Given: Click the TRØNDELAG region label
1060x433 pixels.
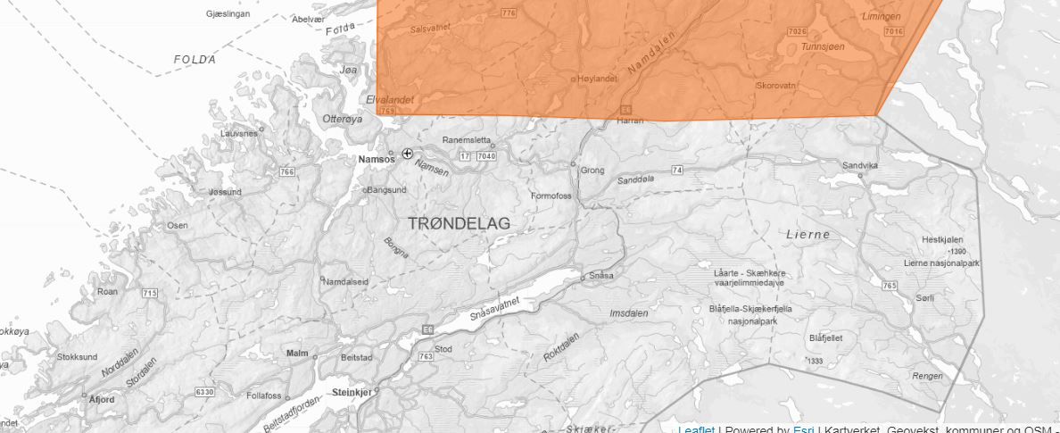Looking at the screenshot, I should coord(460,223).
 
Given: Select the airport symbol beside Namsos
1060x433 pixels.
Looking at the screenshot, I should coord(408,154).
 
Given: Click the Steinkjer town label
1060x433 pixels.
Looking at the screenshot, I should coord(350,392).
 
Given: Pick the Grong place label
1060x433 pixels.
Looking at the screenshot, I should coord(592,170).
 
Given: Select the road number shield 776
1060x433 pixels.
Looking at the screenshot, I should coord(509,12).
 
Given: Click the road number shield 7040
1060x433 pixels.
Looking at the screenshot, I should coord(486,156).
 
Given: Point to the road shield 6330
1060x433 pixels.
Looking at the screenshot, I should coord(205,392).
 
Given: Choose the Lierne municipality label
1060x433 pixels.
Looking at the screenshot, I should coord(807,235).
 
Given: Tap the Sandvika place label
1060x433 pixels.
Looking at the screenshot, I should coord(860,166).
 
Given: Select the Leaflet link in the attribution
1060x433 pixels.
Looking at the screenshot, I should coord(696,429).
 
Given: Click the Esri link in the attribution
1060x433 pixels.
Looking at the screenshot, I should coord(802,429).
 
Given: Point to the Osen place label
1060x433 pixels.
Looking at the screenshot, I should coord(178,225).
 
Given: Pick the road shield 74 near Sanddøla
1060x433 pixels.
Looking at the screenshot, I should coord(677,170).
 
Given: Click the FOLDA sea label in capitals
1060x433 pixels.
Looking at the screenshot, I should coord(195,60).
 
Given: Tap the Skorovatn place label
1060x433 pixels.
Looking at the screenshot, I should coord(776,85).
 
